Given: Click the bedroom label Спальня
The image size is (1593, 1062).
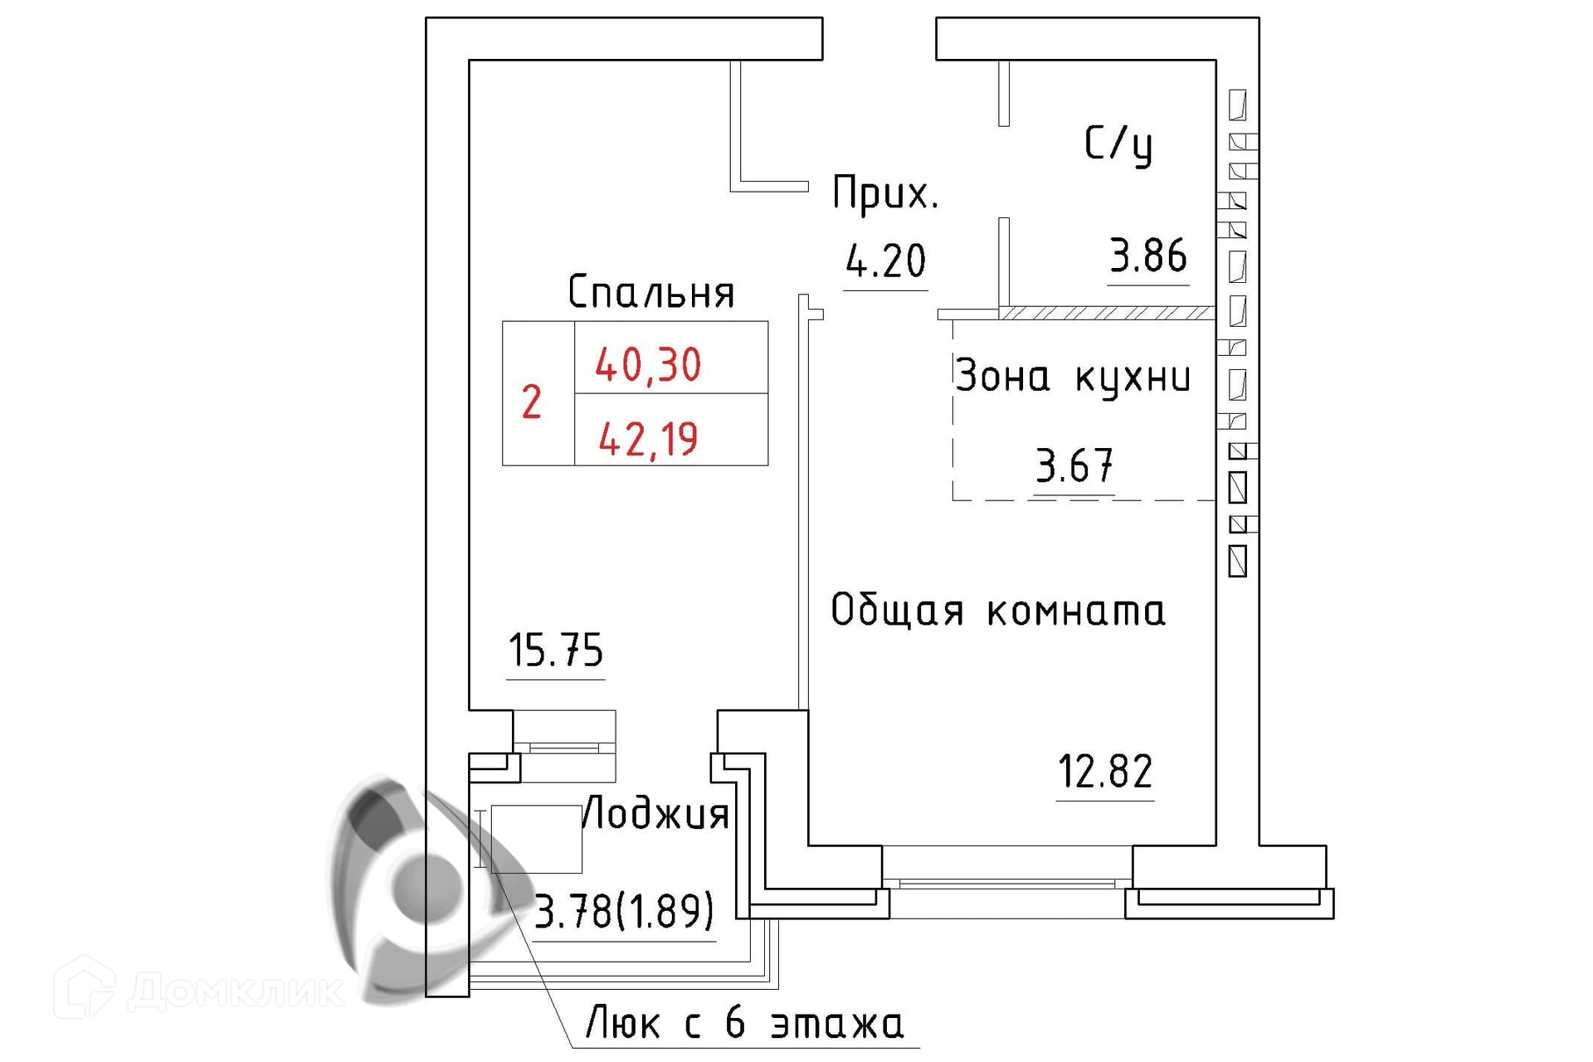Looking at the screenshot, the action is (x=651, y=292).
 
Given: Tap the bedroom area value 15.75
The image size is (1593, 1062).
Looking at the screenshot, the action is (x=555, y=650).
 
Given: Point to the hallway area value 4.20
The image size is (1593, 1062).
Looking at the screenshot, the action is (x=885, y=261).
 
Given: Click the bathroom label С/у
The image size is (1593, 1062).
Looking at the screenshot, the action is (x=1118, y=145).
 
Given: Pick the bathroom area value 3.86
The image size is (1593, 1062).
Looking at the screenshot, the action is (x=1148, y=256).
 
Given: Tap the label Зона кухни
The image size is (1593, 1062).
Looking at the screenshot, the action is (x=1073, y=378).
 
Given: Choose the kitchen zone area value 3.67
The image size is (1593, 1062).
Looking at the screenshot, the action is (x=1074, y=466).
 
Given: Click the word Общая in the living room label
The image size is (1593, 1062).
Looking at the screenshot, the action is (x=897, y=611).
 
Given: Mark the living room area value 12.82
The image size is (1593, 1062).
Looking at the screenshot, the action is (x=1105, y=772).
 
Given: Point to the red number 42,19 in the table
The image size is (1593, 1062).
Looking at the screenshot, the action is (x=648, y=440).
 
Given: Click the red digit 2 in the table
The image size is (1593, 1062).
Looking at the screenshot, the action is (x=531, y=402).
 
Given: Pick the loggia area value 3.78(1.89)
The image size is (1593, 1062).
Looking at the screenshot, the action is (x=624, y=912).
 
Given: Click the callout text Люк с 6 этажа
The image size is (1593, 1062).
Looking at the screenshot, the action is (x=744, y=1023).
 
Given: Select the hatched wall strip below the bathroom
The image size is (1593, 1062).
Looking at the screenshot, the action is (x=1108, y=314).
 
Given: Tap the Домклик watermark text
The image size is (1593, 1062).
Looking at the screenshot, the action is (x=236, y=991).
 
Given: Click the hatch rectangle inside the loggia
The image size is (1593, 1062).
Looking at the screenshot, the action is (x=536, y=839).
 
